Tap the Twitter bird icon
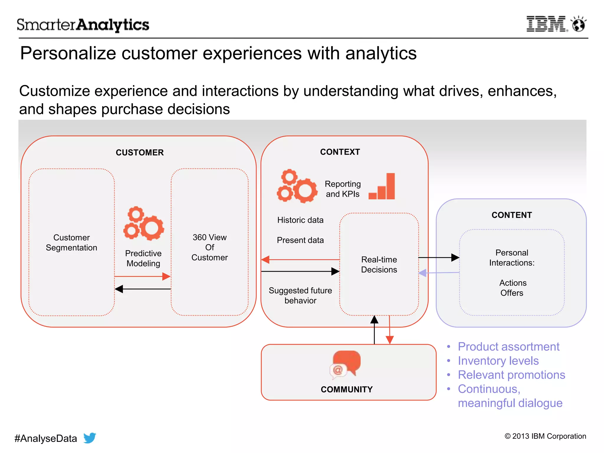pyautogui.click(x=90, y=438)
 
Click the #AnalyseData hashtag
pyautogui.click(x=46, y=439)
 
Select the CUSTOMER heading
pyautogui.click(x=139, y=152)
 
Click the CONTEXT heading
pyautogui.click(x=340, y=152)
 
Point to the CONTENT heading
pyautogui.click(x=512, y=215)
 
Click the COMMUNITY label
pyautogui.click(x=347, y=389)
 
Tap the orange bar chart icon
pyautogui.click(x=382, y=187)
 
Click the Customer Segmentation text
pyautogui.click(x=71, y=242)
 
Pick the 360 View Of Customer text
pyautogui.click(x=209, y=247)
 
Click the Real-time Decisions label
pyautogui.click(x=379, y=265)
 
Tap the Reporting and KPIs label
pyautogui.click(x=343, y=189)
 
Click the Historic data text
pyautogui.click(x=300, y=220)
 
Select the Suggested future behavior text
pyautogui.click(x=300, y=295)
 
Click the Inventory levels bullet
pyautogui.click(x=498, y=361)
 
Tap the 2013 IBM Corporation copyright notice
pyautogui.click(x=545, y=436)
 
